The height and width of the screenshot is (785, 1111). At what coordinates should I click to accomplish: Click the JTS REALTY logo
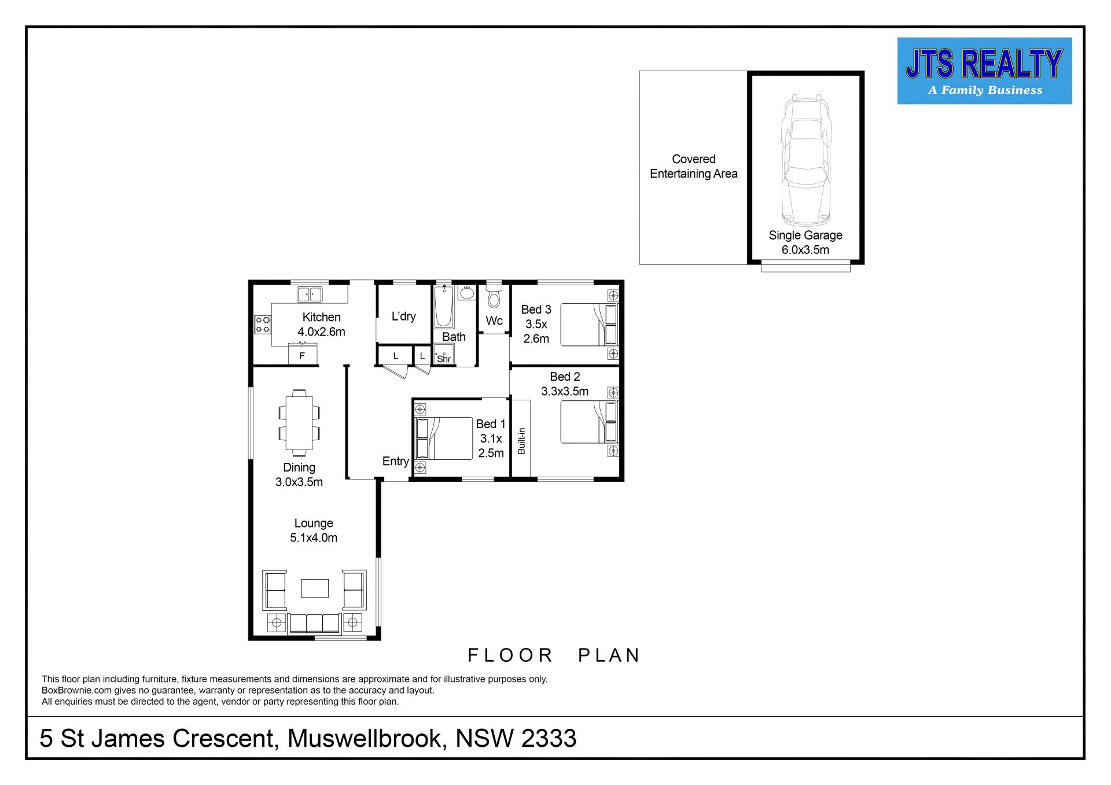[x=984, y=71]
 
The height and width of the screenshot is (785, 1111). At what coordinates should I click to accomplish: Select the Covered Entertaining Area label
[x=694, y=167]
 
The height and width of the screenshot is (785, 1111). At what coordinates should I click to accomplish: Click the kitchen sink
[x=310, y=294]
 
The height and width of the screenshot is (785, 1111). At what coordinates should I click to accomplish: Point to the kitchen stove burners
[x=263, y=325]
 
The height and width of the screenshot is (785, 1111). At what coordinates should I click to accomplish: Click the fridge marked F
[x=303, y=354]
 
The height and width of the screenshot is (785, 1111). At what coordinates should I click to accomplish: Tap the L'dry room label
[x=403, y=316]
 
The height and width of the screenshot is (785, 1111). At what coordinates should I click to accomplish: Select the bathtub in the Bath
[x=444, y=307]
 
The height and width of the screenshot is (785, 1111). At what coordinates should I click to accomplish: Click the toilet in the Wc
[x=494, y=295]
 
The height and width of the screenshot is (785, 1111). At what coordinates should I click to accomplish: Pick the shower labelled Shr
[x=444, y=354]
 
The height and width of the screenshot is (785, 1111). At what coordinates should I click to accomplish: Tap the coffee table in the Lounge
[x=315, y=588]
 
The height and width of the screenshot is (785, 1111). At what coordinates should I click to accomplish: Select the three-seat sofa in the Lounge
[x=314, y=623]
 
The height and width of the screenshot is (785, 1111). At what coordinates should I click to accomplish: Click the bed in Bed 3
[x=590, y=325]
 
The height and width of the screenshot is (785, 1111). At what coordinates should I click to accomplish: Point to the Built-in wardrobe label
[x=521, y=441]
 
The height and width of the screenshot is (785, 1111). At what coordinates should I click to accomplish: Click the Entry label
[x=396, y=461]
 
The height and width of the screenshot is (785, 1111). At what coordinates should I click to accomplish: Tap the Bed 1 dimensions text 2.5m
[x=491, y=453]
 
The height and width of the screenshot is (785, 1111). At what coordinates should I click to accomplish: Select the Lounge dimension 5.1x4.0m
[x=314, y=537]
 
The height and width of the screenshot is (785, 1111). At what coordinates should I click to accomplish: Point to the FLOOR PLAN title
[x=554, y=655]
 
